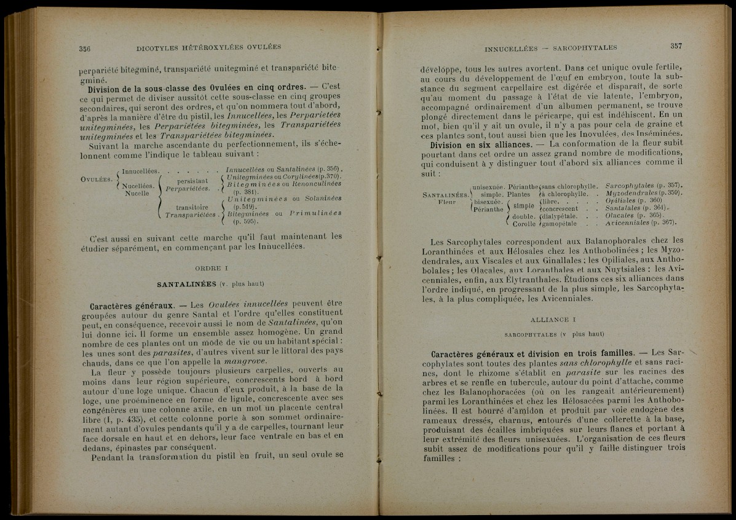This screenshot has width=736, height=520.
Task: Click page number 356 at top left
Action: [85, 48]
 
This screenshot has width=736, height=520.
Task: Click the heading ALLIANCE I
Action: [552, 320]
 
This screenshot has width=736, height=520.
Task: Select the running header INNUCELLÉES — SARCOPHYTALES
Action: [550, 48]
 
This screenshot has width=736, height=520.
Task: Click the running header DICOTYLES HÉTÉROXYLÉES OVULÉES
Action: [208, 47]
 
